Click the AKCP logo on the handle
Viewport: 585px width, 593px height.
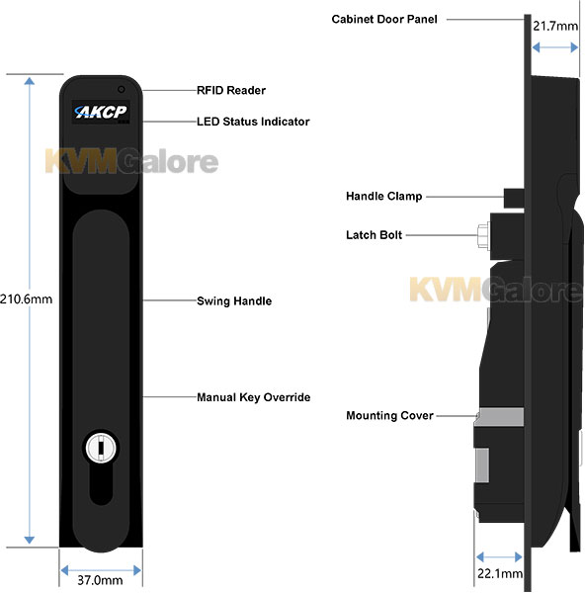pyautogui.click(x=101, y=112)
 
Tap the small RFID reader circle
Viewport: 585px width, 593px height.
pyautogui.click(x=121, y=89)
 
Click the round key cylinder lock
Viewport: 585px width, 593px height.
pyautogui.click(x=101, y=448)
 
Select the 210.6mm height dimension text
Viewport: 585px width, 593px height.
pyautogui.click(x=26, y=299)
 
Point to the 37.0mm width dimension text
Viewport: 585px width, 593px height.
pyautogui.click(x=100, y=580)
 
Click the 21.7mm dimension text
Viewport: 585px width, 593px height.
pyautogui.click(x=555, y=26)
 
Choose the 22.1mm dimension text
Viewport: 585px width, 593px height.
pyautogui.click(x=500, y=573)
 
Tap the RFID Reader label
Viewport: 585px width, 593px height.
pyautogui.click(x=231, y=90)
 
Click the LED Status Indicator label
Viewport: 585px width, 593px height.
pyautogui.click(x=253, y=122)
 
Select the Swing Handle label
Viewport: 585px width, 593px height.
pyautogui.click(x=234, y=301)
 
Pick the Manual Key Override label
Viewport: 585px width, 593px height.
pyautogui.click(x=253, y=397)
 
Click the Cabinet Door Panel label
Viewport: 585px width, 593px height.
pyautogui.click(x=384, y=19)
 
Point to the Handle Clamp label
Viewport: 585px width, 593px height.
pyautogui.click(x=383, y=196)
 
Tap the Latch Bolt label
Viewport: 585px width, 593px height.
pyautogui.click(x=374, y=235)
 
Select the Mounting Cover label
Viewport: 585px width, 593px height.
pyautogui.click(x=389, y=415)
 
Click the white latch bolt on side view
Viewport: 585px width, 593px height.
pyautogui.click(x=483, y=236)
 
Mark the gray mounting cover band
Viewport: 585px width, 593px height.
pyautogui.click(x=501, y=417)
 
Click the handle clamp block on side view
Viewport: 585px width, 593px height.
pyautogui.click(x=514, y=199)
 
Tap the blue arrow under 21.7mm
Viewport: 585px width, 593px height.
pyautogui.click(x=554, y=47)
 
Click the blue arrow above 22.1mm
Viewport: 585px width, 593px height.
pyautogui.click(x=499, y=557)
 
